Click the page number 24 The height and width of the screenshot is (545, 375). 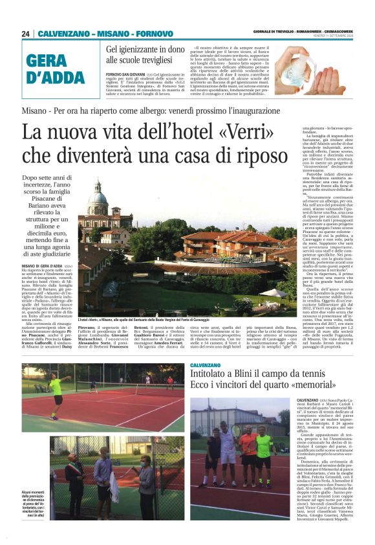(x=26, y=34)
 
